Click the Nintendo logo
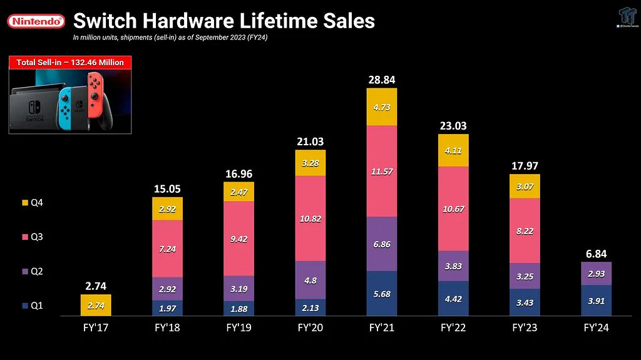(x=36, y=21)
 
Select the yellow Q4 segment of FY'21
(x=382, y=106)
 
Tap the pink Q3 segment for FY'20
(x=311, y=218)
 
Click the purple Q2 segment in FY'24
(x=595, y=274)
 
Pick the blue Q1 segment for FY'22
(x=453, y=299)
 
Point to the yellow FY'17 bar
(x=96, y=305)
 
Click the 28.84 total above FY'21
(x=382, y=80)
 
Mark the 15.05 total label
(x=167, y=188)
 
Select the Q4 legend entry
(x=32, y=203)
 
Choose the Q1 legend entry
(x=32, y=306)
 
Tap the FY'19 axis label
(x=240, y=327)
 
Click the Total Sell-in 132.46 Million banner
(x=69, y=63)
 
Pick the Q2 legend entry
(x=32, y=271)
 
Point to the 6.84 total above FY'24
(x=595, y=254)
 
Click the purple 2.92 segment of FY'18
(x=167, y=289)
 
